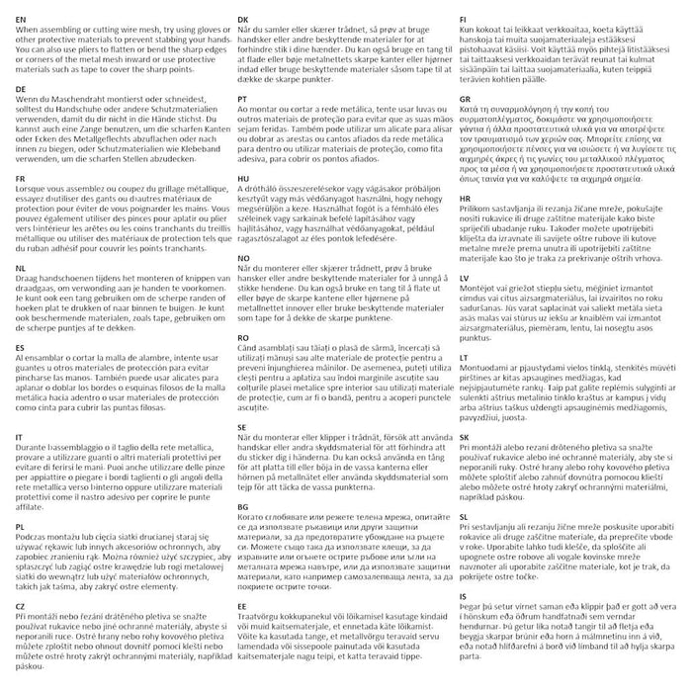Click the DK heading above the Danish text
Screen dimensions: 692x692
244,18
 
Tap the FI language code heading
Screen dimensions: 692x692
464,18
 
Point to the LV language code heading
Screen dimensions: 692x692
465,280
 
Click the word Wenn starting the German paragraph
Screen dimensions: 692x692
30,99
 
